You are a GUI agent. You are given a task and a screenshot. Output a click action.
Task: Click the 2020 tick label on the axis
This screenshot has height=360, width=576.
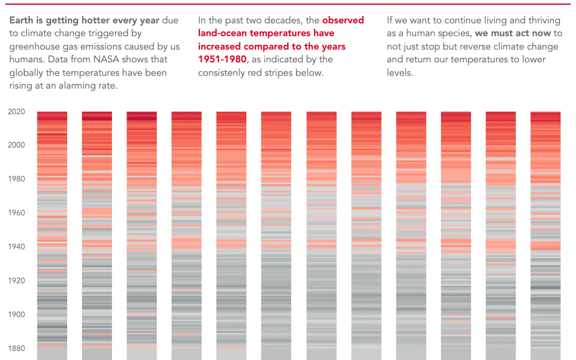tap(17, 112)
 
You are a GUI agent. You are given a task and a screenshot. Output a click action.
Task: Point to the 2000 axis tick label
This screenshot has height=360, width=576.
tap(17, 145)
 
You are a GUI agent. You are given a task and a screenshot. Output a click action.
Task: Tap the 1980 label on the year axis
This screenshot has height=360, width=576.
tap(17, 179)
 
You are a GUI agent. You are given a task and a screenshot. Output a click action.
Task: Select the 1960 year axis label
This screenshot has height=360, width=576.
tap(17, 213)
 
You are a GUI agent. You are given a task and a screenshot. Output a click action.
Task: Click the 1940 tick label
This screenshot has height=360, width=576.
tap(17, 246)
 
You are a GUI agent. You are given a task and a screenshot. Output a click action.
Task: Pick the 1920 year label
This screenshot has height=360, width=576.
tap(17, 281)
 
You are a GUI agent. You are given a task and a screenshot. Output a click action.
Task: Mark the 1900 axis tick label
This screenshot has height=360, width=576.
tap(17, 315)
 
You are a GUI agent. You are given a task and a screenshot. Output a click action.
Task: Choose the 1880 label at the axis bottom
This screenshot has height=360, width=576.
tap(17, 348)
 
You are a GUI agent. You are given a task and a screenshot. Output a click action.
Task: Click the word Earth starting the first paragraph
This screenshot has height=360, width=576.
tap(21, 20)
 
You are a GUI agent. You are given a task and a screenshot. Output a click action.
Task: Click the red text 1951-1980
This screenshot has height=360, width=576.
tap(222, 59)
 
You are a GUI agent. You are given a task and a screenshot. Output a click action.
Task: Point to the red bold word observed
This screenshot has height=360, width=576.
tap(343, 20)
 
